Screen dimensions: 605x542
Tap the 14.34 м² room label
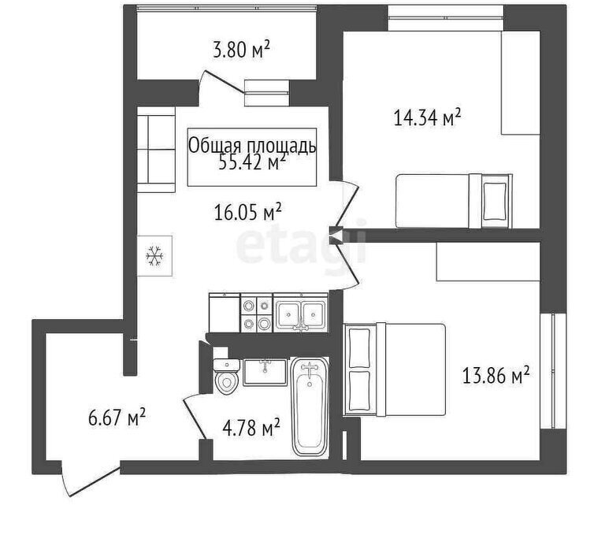pyautogui.click(x=428, y=117)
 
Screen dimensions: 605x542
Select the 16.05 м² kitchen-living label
pyautogui.click(x=247, y=213)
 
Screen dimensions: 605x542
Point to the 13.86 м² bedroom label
pyautogui.click(x=496, y=376)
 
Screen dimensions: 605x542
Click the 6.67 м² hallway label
pyautogui.click(x=117, y=418)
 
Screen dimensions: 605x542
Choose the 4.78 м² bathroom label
pyautogui.click(x=251, y=429)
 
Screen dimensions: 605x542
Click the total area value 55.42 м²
pyautogui.click(x=252, y=162)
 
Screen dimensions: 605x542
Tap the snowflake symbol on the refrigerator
pyautogui.click(x=154, y=255)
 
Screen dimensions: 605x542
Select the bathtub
pyautogui.click(x=310, y=406)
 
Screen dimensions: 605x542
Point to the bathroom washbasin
pyautogui.click(x=265, y=372)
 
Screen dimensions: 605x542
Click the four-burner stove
pyautogui.click(x=257, y=313)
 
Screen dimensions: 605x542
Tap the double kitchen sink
pyautogui.click(x=301, y=313)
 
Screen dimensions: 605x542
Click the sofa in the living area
pyautogui.click(x=156, y=150)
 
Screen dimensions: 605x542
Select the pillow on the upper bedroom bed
pyautogui.click(x=494, y=201)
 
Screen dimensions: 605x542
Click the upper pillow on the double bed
pyautogui.click(x=359, y=347)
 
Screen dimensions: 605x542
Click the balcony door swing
pyautogui.click(x=221, y=82)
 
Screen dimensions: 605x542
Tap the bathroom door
pyautogui.click(x=195, y=417)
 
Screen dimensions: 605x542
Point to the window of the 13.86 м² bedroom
pyautogui.click(x=554, y=371)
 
